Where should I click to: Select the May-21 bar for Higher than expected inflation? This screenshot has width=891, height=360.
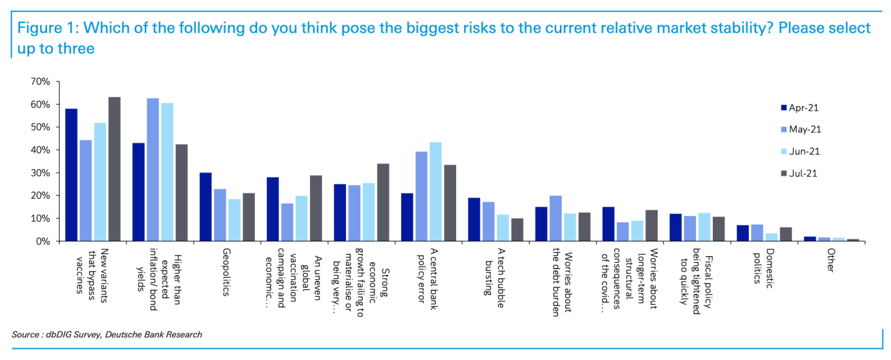[153, 169]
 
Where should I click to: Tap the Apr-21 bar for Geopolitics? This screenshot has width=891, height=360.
[205, 207]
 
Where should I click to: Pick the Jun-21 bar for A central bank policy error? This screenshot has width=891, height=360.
[436, 192]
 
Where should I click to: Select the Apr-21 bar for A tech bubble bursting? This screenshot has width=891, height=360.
[474, 220]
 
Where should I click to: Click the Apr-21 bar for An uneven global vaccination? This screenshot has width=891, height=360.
[272, 209]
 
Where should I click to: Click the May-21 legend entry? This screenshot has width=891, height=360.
[805, 129]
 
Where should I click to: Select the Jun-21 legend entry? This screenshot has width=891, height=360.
[804, 151]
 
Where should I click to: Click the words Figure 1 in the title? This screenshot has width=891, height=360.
[43, 28]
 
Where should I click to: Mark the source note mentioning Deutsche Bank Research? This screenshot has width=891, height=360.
[106, 335]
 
